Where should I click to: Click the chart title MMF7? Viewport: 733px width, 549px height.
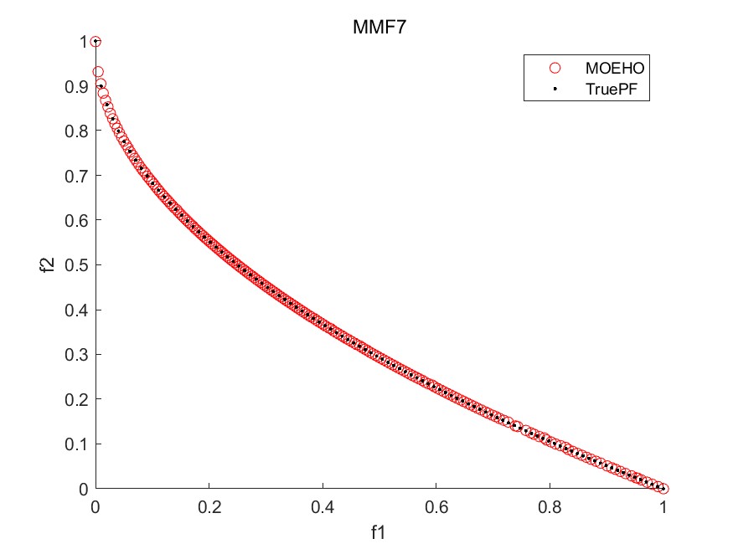coord(379,27)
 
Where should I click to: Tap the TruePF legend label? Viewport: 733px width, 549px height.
coord(610,88)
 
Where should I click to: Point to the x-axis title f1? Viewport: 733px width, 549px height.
coord(379,531)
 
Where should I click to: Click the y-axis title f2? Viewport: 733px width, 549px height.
coord(49,264)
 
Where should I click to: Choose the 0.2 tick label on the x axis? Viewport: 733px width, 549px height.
coord(209,507)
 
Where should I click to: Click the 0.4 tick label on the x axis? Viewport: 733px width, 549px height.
coord(323,507)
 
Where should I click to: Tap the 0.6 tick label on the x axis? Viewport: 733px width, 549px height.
coord(436,507)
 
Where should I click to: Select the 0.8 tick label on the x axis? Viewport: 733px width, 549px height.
coord(550,507)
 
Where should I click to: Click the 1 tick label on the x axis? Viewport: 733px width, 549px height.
coord(663,507)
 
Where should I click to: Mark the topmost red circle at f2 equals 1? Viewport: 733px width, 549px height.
coord(95,42)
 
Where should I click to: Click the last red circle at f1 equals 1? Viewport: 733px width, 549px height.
coord(663,489)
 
